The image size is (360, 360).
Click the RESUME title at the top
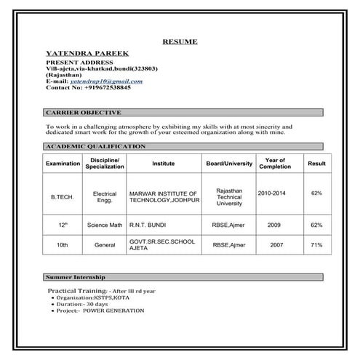180,42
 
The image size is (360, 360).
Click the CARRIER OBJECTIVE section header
83,113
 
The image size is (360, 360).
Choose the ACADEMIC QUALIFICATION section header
95,147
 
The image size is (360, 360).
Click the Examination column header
63,164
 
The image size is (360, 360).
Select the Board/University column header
229,164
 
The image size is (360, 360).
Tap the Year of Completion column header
275,163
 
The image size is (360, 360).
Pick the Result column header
316,164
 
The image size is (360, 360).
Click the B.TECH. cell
63,196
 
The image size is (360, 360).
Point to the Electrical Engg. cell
105,196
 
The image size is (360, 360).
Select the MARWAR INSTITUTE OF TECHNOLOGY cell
162,196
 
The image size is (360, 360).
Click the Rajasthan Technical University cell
229,196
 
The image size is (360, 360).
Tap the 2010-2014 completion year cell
273,193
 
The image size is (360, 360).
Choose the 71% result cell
316,246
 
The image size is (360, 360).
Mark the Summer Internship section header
76,278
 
